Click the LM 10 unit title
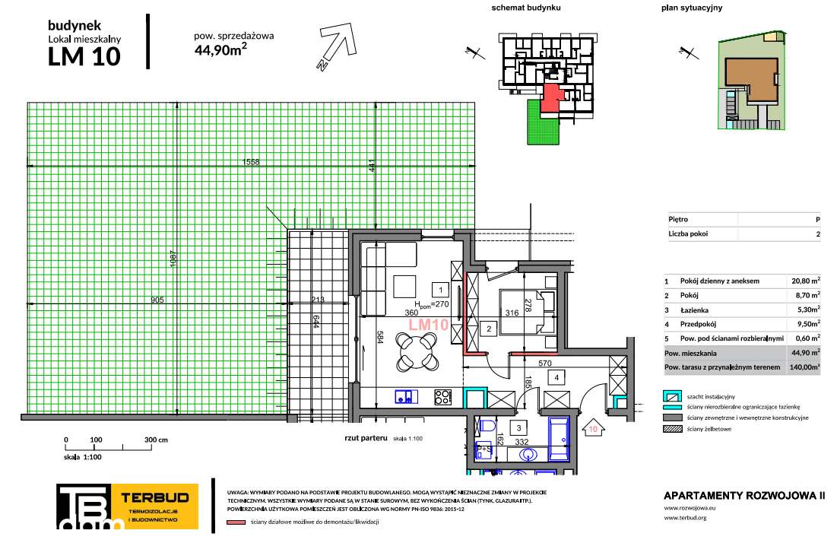(84, 57)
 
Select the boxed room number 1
(439, 289)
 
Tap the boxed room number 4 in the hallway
(556, 376)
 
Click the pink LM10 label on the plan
(428, 324)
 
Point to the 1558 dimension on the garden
(251, 162)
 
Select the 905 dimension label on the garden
(157, 300)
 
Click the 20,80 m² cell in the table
(804, 281)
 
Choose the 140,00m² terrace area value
(804, 367)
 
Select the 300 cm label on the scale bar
(157, 440)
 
